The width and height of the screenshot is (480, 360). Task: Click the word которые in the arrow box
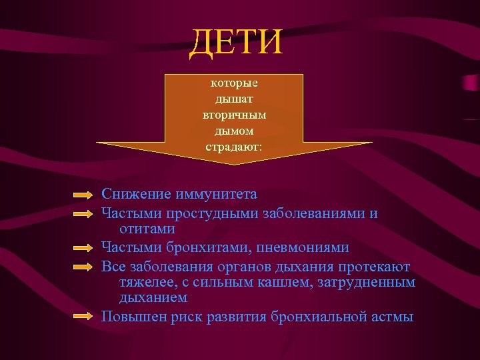[x=234, y=84]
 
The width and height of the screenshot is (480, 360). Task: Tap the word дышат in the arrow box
[x=234, y=100]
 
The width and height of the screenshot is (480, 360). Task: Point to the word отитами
[x=147, y=229]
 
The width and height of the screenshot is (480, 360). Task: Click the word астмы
[x=390, y=317]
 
